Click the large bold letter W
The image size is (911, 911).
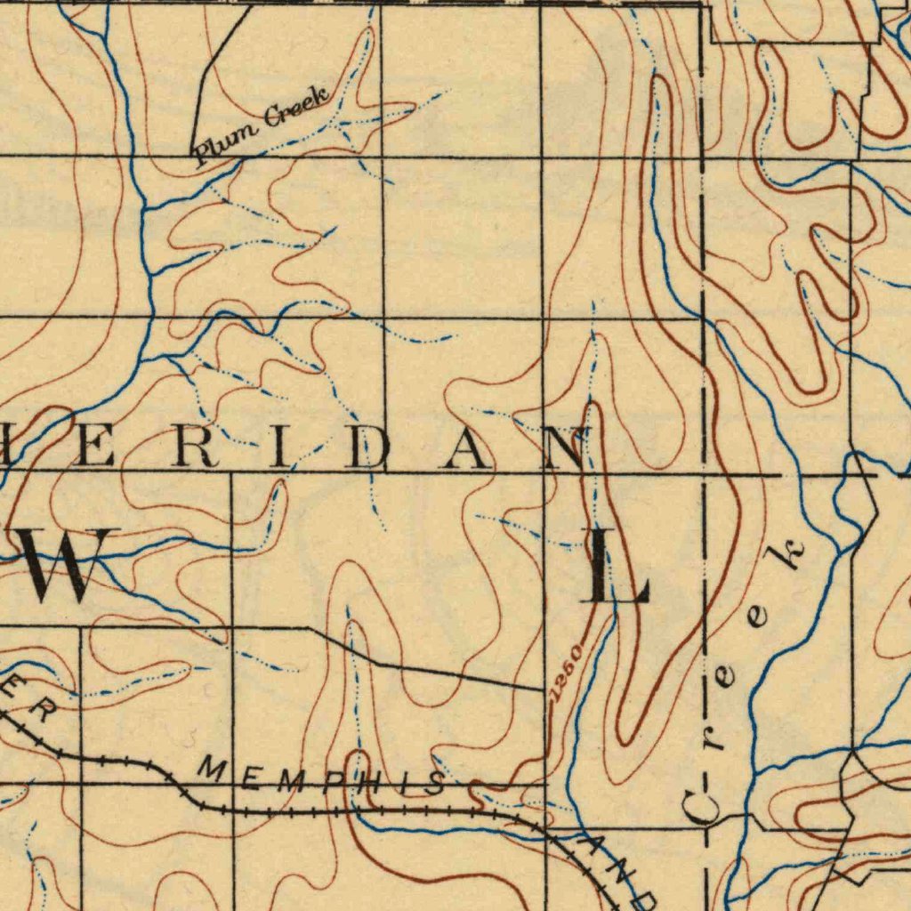click(x=62, y=565)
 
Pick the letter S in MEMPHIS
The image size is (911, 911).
click(x=433, y=784)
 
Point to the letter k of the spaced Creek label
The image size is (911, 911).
click(x=790, y=556)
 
